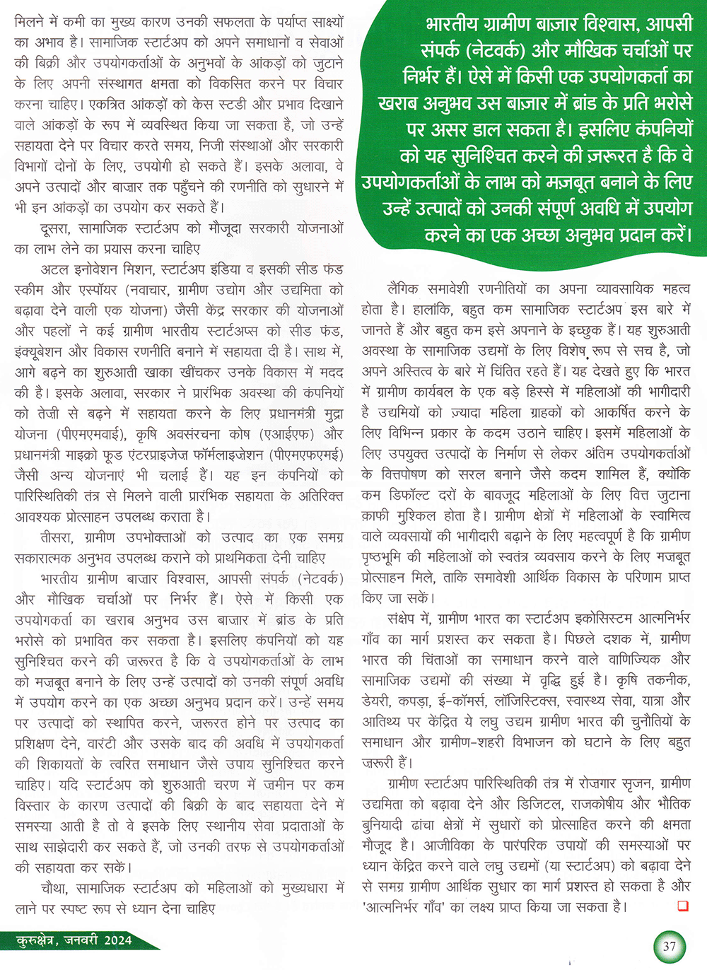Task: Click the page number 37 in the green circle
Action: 669,946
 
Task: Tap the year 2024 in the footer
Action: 117,940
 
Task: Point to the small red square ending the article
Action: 682,906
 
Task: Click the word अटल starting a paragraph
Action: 54,269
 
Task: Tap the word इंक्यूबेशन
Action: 47,351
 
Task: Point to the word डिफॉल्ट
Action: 411,495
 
